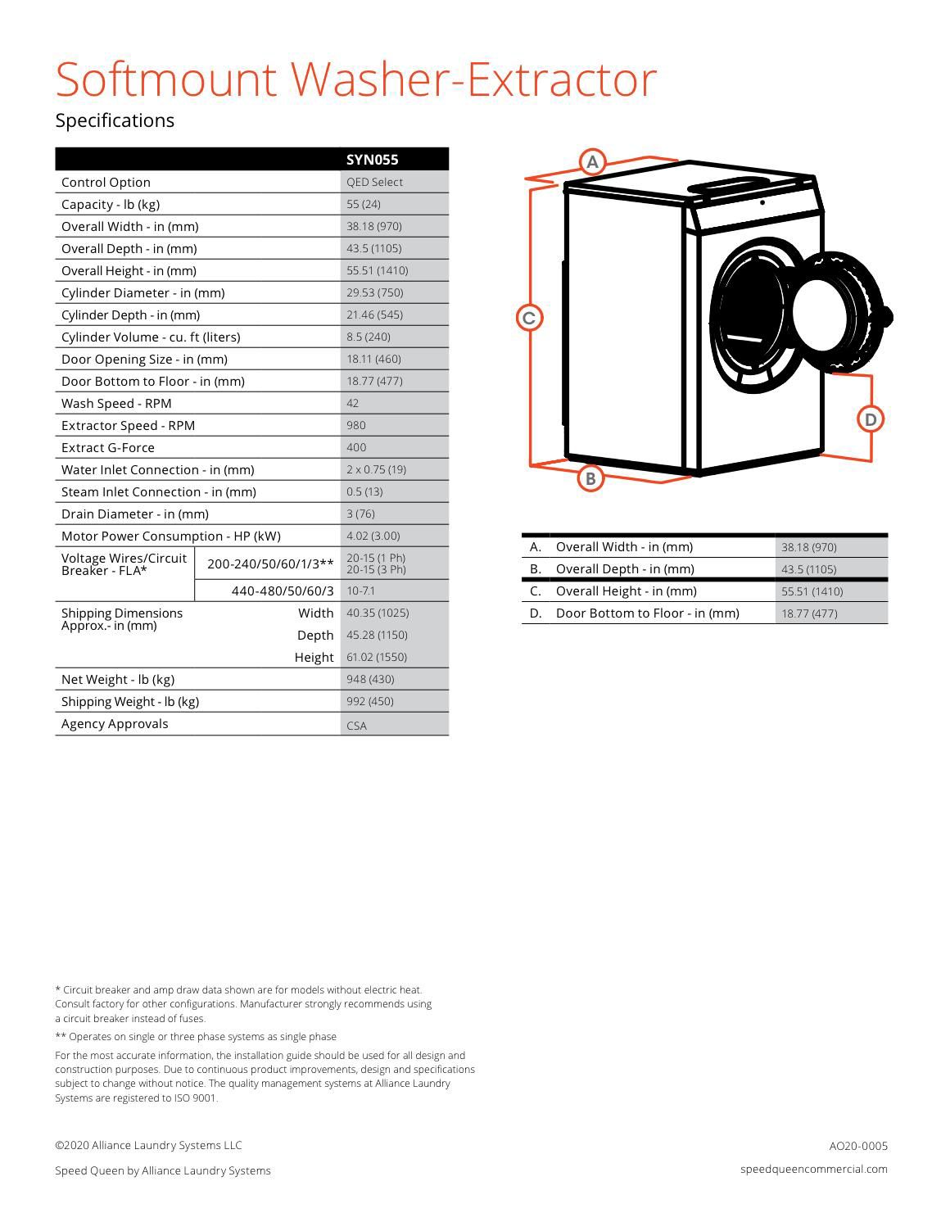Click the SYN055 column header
click(373, 160)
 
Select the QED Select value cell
click(374, 182)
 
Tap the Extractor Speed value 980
click(356, 425)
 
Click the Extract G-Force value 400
click(356, 447)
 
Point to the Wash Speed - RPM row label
click(116, 403)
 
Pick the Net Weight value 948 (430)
click(370, 679)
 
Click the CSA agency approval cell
click(357, 725)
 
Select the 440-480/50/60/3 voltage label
click(283, 591)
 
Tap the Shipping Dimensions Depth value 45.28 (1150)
click(377, 635)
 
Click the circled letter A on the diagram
click(592, 161)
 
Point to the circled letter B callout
click(590, 478)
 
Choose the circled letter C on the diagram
click(529, 318)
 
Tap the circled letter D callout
click(870, 419)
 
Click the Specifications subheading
click(115, 120)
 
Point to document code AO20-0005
click(858, 1146)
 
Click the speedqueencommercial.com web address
click(813, 1169)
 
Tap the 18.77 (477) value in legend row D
click(809, 613)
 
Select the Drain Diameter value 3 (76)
click(360, 514)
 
